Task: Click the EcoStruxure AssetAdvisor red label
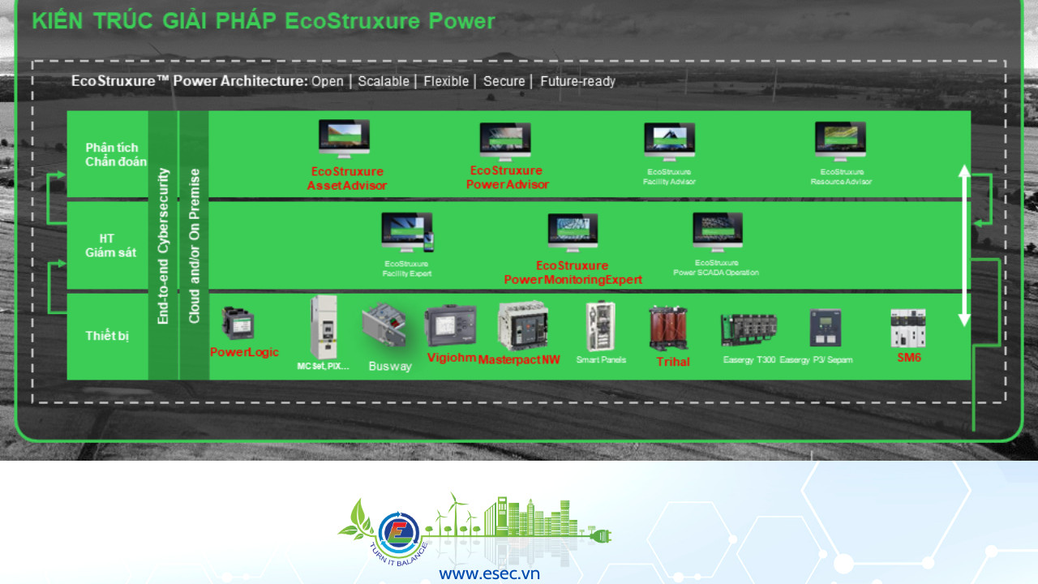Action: (346, 178)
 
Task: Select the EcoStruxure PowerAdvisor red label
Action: (507, 178)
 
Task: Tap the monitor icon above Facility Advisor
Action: (669, 143)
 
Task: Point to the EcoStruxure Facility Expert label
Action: (407, 268)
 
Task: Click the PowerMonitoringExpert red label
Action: (573, 273)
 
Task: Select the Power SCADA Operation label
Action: (716, 268)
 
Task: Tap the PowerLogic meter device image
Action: (238, 324)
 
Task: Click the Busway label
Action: (390, 366)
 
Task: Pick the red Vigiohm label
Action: (451, 358)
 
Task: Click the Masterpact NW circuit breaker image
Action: (522, 325)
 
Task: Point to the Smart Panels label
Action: (601, 359)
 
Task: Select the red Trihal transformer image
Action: (669, 328)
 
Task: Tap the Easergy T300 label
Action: (748, 359)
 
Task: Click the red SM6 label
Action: (909, 358)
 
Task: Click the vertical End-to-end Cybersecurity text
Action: (163, 246)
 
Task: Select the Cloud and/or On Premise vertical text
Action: (194, 246)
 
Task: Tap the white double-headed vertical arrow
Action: (964, 245)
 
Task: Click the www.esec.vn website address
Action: (489, 573)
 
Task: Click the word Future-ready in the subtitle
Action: (577, 81)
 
